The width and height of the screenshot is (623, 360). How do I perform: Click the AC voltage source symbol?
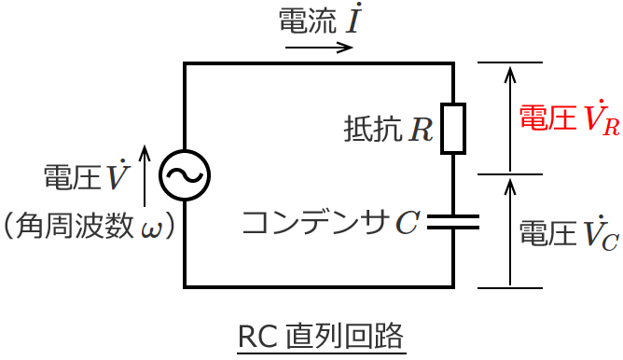point(185,174)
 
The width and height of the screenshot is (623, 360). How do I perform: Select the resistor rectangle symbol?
point(453,128)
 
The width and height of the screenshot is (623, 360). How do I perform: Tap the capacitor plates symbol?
point(453,222)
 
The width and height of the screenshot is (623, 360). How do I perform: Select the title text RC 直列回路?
point(322,335)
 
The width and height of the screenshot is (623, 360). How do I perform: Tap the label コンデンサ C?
point(330,222)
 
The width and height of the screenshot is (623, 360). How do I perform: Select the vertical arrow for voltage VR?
point(509,118)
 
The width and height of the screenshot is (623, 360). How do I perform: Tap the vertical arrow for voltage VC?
point(509,232)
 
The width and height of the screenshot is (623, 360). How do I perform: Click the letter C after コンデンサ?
point(407,223)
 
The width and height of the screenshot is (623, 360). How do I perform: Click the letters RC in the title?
point(254,335)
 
